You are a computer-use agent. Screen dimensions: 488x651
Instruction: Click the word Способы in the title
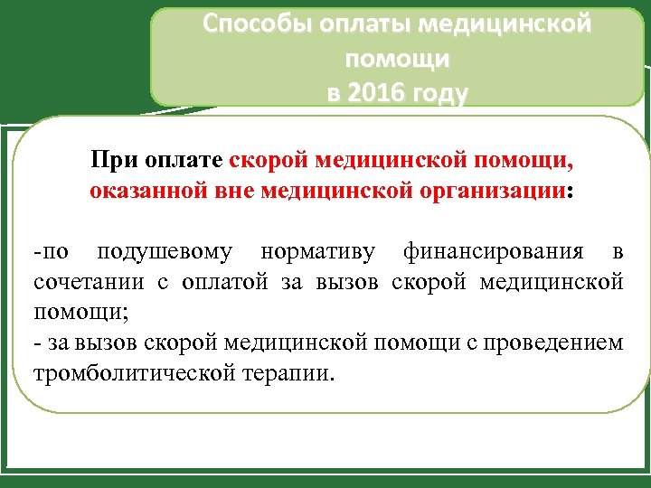pyautogui.click(x=256, y=24)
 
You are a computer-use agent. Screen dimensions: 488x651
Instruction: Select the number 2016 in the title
pyautogui.click(x=379, y=93)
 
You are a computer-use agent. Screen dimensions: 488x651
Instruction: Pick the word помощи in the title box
pyautogui.click(x=397, y=60)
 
